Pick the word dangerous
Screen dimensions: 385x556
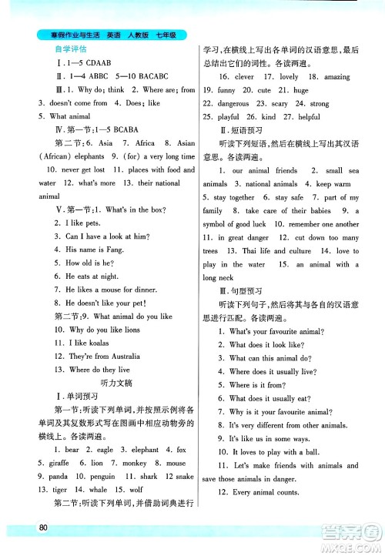233,103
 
